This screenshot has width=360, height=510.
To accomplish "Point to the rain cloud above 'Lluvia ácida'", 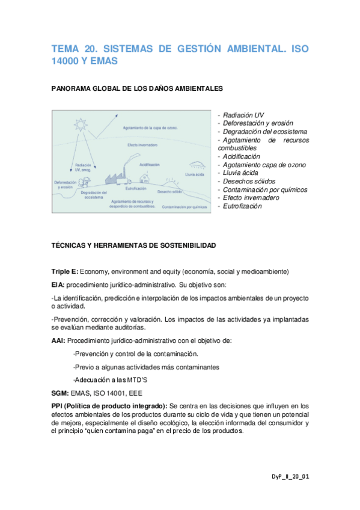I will (x=196, y=164).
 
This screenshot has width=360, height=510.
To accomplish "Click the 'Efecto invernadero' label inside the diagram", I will (x=140, y=145).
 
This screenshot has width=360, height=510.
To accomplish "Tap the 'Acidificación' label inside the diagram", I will (x=149, y=164).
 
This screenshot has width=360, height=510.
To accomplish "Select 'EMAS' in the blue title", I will (x=103, y=61).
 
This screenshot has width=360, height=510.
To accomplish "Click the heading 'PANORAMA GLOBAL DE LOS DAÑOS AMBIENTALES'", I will (x=137, y=88).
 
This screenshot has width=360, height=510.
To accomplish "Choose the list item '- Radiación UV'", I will (x=240, y=115).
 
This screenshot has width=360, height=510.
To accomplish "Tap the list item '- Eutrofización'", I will (x=242, y=206).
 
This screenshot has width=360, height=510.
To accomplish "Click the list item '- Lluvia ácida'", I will (x=240, y=173).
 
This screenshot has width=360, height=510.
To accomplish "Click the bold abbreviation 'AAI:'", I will (x=58, y=340).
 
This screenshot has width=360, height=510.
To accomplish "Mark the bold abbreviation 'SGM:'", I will (x=59, y=393).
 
